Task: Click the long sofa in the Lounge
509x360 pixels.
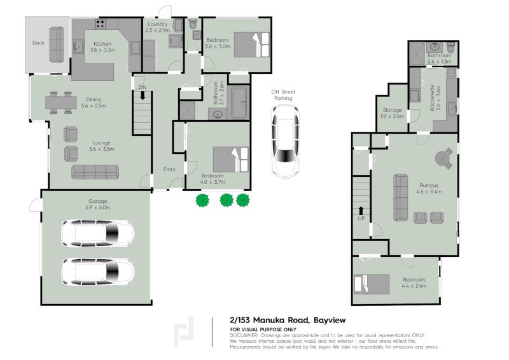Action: pos(95,172)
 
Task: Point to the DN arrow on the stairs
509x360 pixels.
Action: pos(143,93)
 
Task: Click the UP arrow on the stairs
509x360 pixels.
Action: pos(361,211)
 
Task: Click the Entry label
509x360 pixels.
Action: pos(169,169)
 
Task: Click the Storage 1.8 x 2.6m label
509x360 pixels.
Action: pos(393,113)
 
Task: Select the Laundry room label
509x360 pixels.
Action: pos(157,27)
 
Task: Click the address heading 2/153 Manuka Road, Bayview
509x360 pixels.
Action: pos(287,320)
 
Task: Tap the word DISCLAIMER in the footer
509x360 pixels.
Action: pos(244,335)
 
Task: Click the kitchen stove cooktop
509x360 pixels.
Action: pos(101,25)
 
